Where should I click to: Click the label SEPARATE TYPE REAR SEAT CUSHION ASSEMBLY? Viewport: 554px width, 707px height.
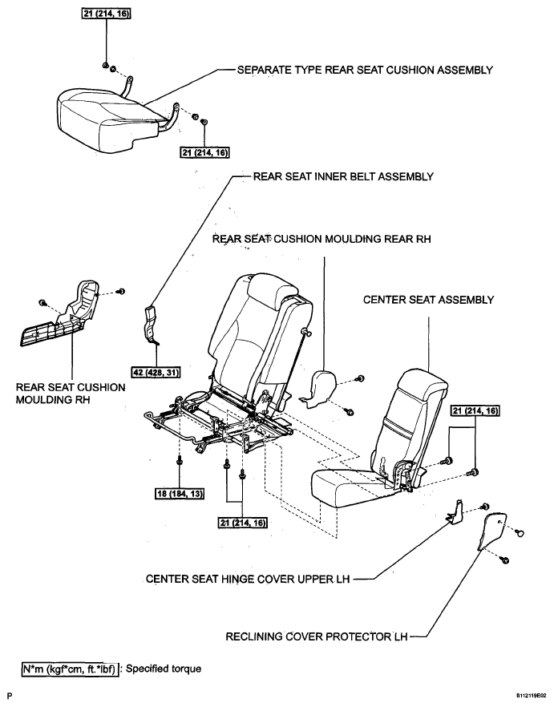tap(364, 71)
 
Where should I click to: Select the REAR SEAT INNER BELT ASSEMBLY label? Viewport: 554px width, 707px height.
tap(343, 177)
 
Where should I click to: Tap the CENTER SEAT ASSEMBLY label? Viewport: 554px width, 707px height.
tap(428, 300)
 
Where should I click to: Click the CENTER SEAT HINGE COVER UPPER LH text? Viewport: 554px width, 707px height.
tap(247, 578)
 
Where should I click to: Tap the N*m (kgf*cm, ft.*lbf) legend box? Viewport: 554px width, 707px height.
tap(70, 668)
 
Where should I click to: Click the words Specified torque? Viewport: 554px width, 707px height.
tap(158, 668)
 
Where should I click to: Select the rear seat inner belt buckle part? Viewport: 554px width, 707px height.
tap(152, 325)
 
